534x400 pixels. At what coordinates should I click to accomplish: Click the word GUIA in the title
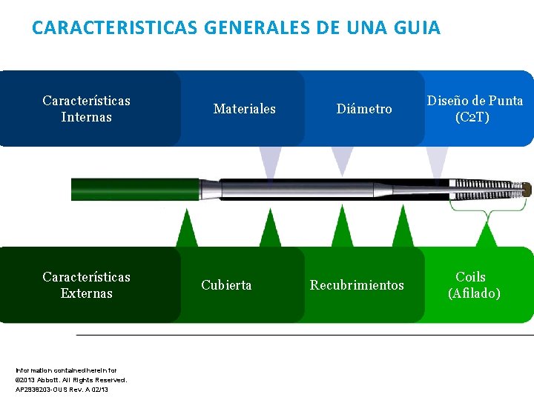point(417,28)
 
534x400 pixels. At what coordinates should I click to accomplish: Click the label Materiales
point(244,109)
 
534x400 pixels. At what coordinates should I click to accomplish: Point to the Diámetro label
point(364,109)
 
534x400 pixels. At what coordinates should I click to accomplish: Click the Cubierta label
point(226,285)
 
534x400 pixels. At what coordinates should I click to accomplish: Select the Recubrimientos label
point(357,285)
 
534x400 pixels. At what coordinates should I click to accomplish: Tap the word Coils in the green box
point(470,277)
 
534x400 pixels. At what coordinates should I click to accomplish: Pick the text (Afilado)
point(474,293)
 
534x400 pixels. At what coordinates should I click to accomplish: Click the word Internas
point(86,117)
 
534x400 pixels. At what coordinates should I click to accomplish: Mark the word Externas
point(86,293)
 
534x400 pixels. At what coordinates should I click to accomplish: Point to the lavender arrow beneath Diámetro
point(342,159)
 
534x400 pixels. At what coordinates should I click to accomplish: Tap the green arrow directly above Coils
point(487,236)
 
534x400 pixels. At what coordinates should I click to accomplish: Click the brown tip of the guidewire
point(527,190)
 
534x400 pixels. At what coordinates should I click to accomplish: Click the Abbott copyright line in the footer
point(70,379)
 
